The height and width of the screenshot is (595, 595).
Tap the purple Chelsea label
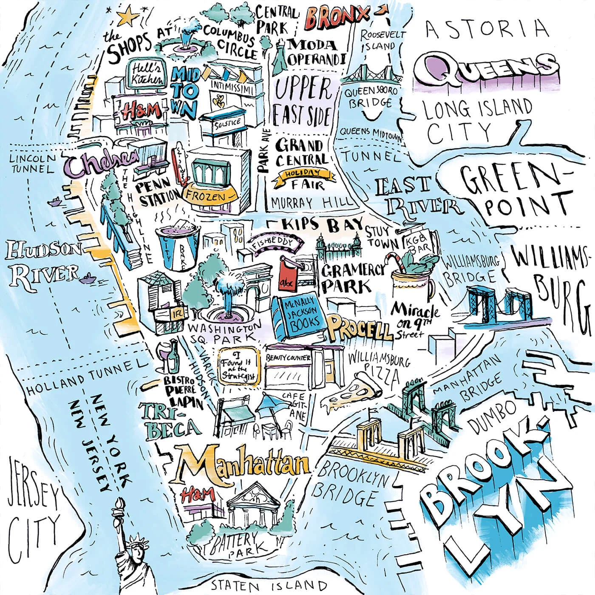(x=102, y=163)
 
